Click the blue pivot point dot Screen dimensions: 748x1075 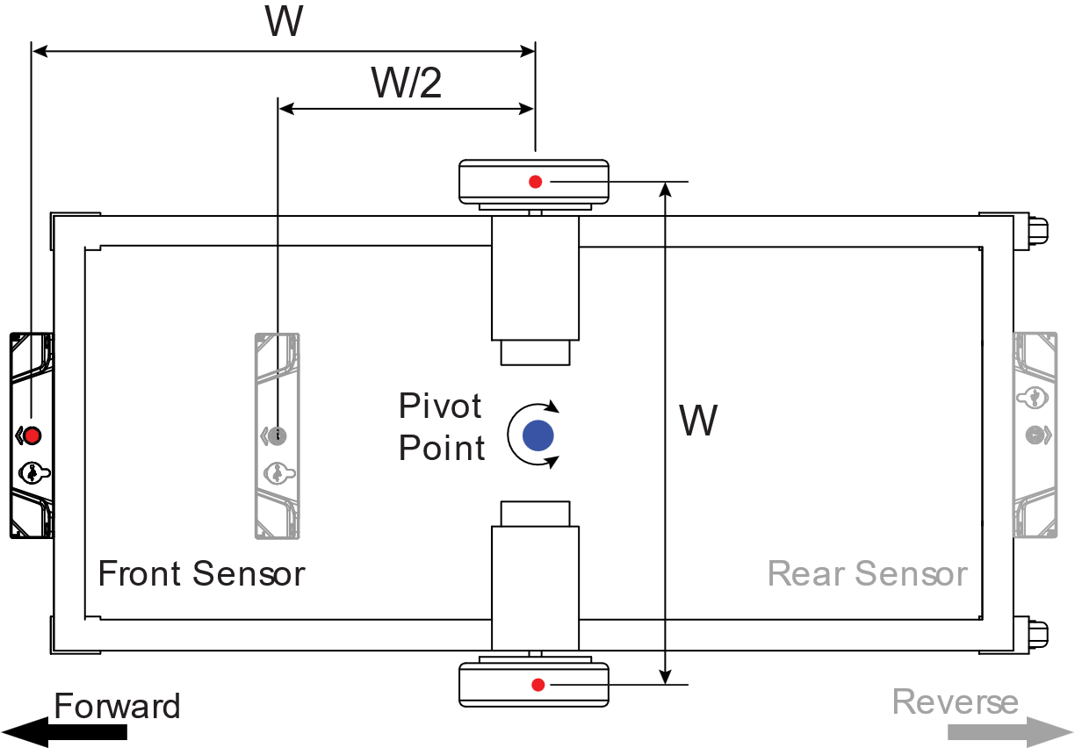537,435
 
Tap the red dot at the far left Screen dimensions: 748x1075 32,435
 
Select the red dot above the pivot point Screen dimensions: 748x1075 536,183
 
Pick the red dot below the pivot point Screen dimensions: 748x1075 538,685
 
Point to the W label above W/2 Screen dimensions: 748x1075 284,22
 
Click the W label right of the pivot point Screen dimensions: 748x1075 698,422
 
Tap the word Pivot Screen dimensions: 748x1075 441,406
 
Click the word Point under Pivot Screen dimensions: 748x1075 442,449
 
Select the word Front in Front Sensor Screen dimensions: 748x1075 141,574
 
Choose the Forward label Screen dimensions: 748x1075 117,707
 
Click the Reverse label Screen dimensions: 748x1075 955,702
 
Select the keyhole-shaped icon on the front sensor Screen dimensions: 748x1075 278,473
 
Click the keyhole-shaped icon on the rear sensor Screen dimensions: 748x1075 1032,398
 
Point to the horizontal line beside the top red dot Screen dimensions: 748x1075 618,183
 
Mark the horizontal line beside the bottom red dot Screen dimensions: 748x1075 618,685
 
